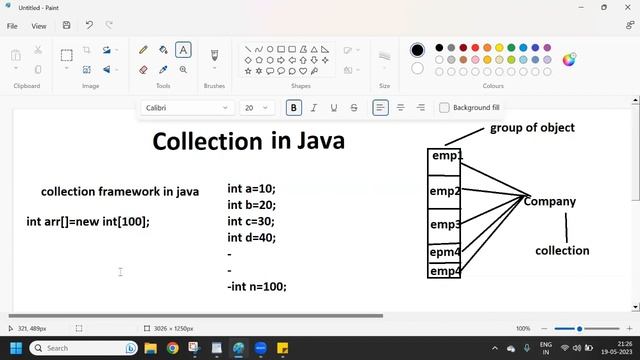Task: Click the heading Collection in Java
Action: click(x=248, y=141)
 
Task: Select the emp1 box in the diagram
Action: click(x=445, y=157)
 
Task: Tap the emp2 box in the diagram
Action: click(x=445, y=191)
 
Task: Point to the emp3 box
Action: click(x=445, y=225)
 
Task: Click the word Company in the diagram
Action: click(x=550, y=201)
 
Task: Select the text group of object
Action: click(x=532, y=128)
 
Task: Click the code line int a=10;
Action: click(x=251, y=188)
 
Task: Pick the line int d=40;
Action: click(x=252, y=238)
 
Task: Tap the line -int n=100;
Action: click(x=257, y=286)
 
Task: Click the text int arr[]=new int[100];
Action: click(x=88, y=221)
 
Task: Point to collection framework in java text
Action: click(x=120, y=191)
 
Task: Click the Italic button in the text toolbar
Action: click(x=314, y=108)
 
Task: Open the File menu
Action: click(x=12, y=26)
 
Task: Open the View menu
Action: click(x=39, y=26)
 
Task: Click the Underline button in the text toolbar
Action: click(x=334, y=108)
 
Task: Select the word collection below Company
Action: click(x=562, y=251)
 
